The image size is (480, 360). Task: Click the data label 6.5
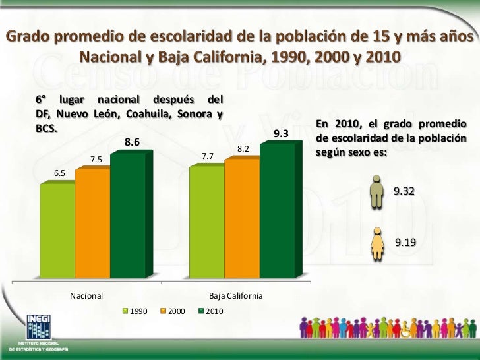(59, 173)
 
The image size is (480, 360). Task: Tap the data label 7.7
(207, 156)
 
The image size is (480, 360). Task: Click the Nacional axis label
(85, 296)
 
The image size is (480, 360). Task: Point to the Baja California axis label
(235, 296)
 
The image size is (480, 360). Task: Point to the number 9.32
(405, 191)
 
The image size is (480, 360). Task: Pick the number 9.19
(405, 243)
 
